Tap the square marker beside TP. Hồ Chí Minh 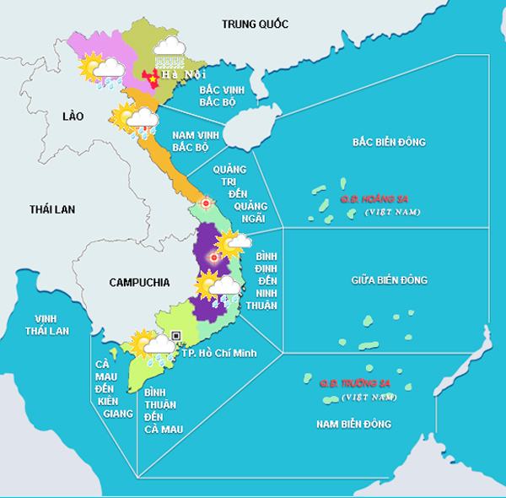(176, 335)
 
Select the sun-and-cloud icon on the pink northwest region (97, 71)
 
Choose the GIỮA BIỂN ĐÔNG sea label (389, 279)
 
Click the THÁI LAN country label (53, 208)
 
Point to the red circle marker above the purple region (205, 203)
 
